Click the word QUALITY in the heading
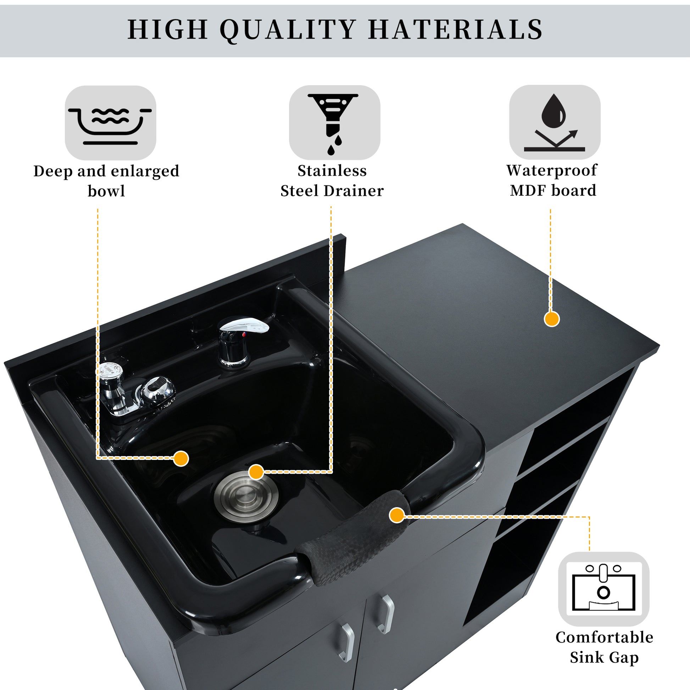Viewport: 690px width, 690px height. coord(288,30)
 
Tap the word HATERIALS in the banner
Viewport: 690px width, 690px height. coord(456,29)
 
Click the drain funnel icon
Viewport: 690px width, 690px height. coord(333,124)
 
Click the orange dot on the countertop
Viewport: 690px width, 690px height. coord(552,318)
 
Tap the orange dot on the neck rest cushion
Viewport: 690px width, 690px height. coord(396,515)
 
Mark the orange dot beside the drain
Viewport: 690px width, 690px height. coord(256,472)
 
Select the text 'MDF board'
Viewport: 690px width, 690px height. coord(553,190)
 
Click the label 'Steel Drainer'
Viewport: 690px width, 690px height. coord(332,191)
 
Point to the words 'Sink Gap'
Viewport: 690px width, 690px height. coord(604,657)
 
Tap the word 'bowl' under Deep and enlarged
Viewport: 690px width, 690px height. coord(106,191)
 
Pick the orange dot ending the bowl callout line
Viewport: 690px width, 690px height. coord(181,458)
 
